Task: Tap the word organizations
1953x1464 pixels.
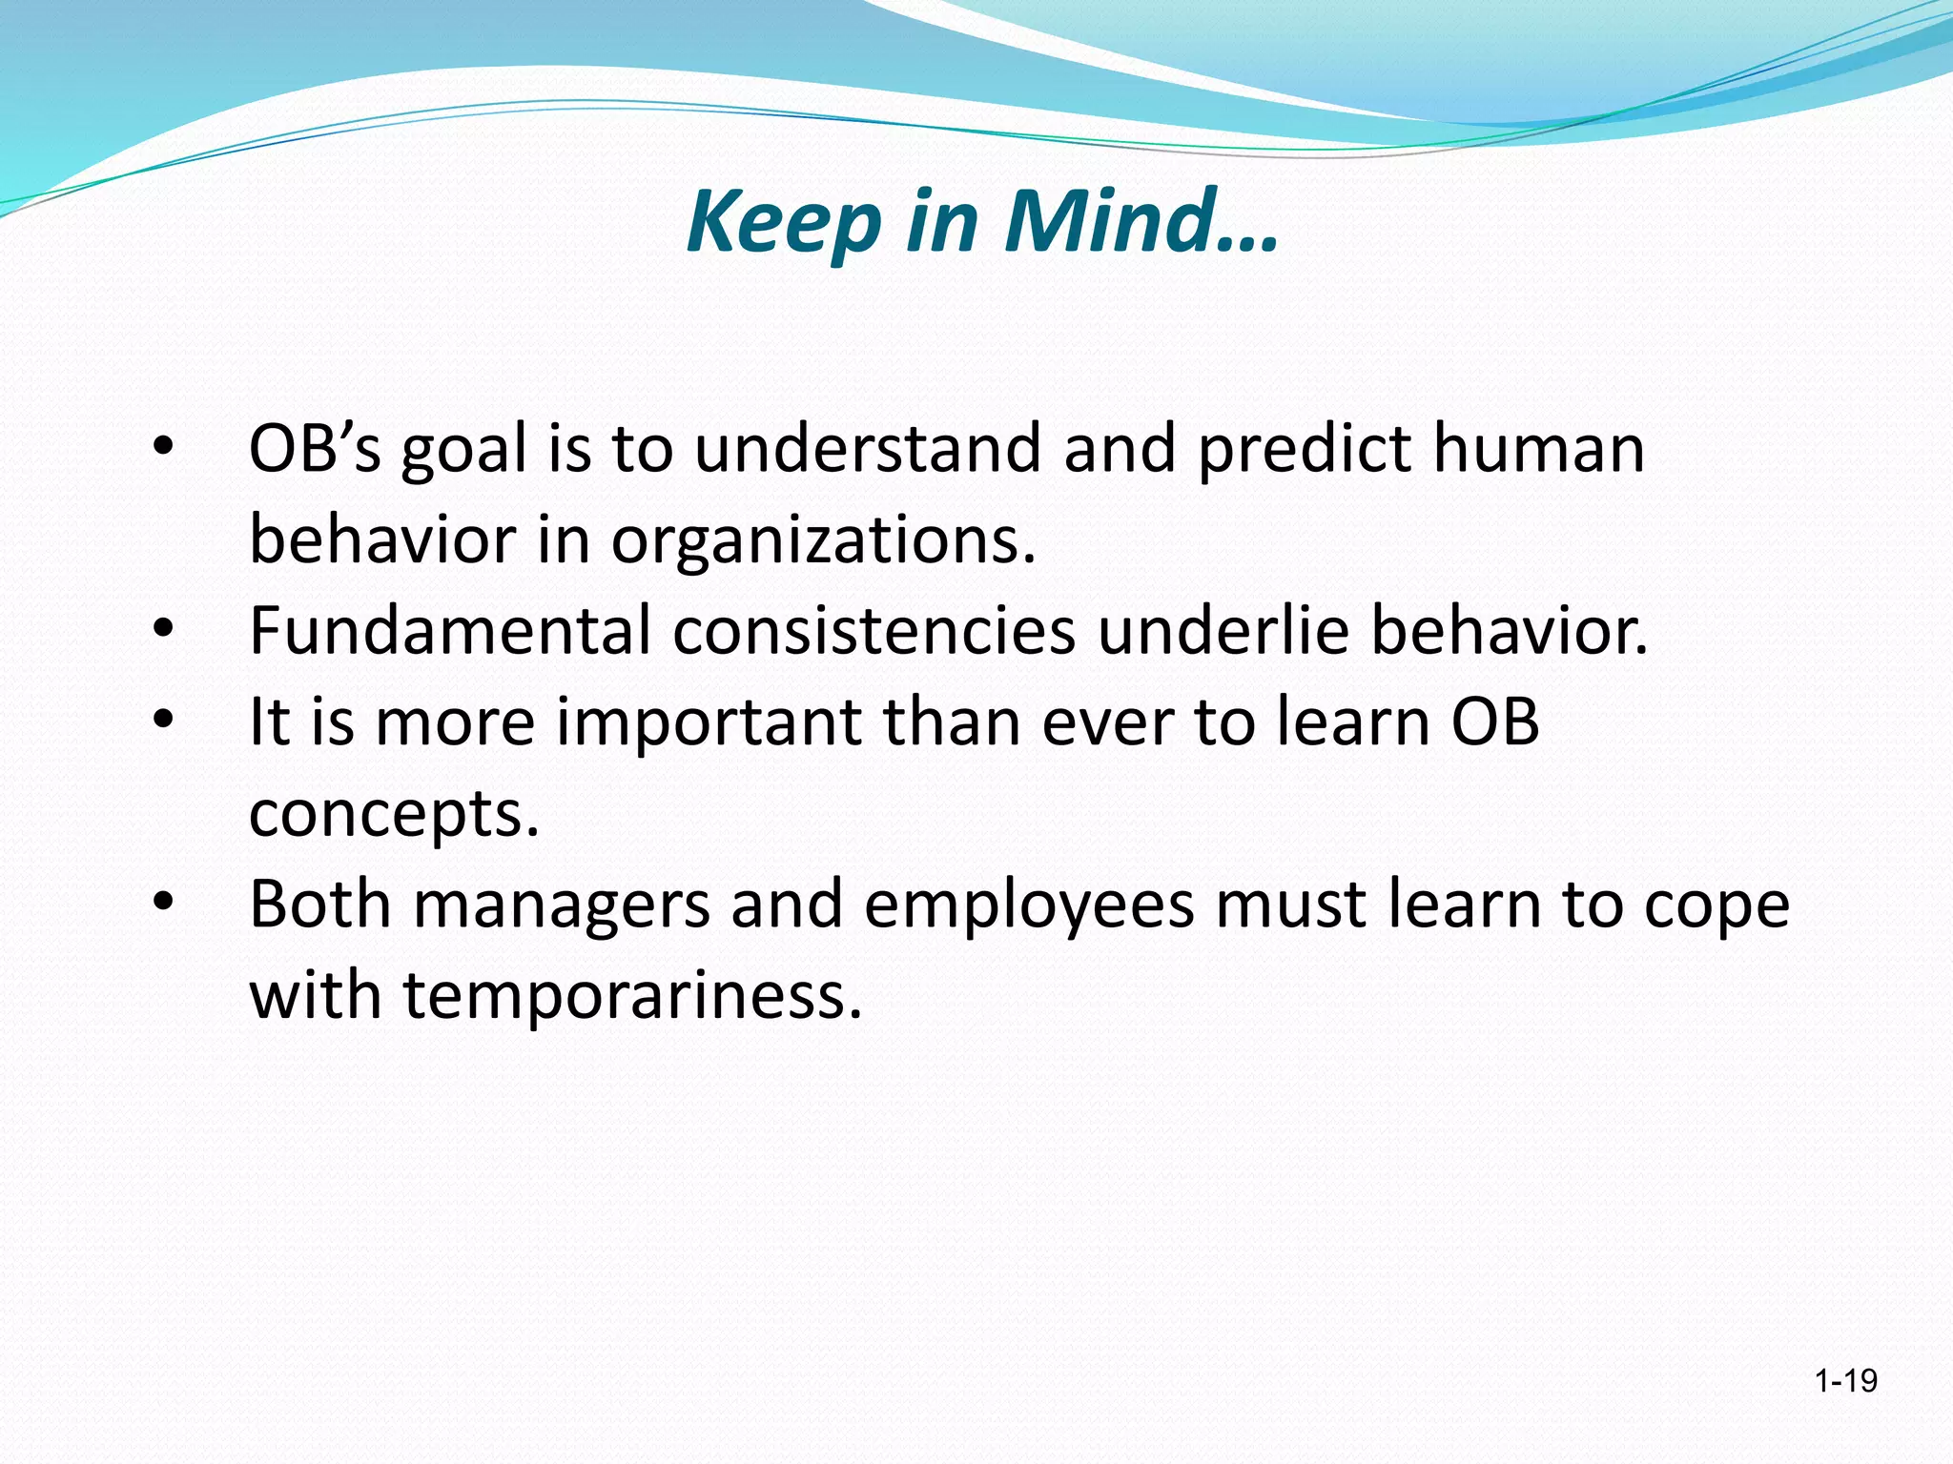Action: pos(822,539)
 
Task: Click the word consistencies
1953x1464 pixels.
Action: pos(874,630)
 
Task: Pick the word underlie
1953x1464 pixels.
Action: pos(1223,630)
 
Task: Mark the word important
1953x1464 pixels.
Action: pos(709,722)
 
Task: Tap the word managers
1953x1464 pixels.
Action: pos(561,904)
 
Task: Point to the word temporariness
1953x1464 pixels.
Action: pos(632,995)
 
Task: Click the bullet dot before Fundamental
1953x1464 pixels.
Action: pos(163,630)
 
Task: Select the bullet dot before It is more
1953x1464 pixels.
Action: pos(163,722)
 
